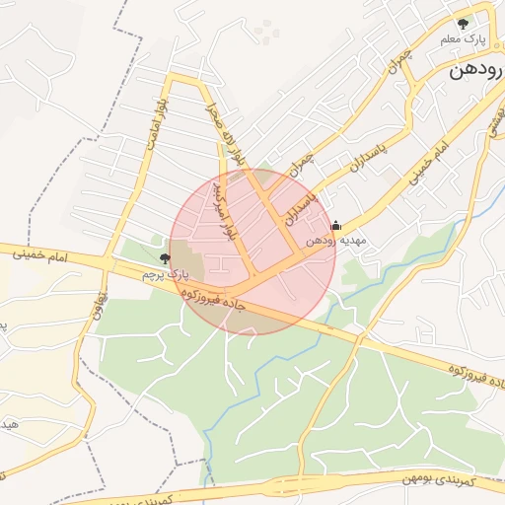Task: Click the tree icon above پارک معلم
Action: [462, 23]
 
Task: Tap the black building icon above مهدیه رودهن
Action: [335, 224]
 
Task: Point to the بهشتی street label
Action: [489, 121]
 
